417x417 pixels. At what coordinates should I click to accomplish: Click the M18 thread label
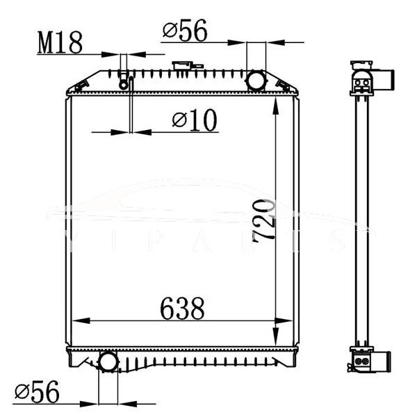60,42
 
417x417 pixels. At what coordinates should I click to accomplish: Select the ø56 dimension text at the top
185,31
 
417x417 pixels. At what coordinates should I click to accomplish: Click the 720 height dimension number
265,221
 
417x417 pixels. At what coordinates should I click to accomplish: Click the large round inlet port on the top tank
256,80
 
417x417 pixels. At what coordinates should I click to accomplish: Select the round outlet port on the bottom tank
108,361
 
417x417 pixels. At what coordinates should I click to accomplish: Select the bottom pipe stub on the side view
384,361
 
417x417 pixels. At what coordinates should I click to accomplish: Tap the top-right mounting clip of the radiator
284,85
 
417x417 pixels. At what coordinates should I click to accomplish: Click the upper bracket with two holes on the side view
361,85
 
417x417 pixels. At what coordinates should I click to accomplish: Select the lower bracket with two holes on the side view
360,360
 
